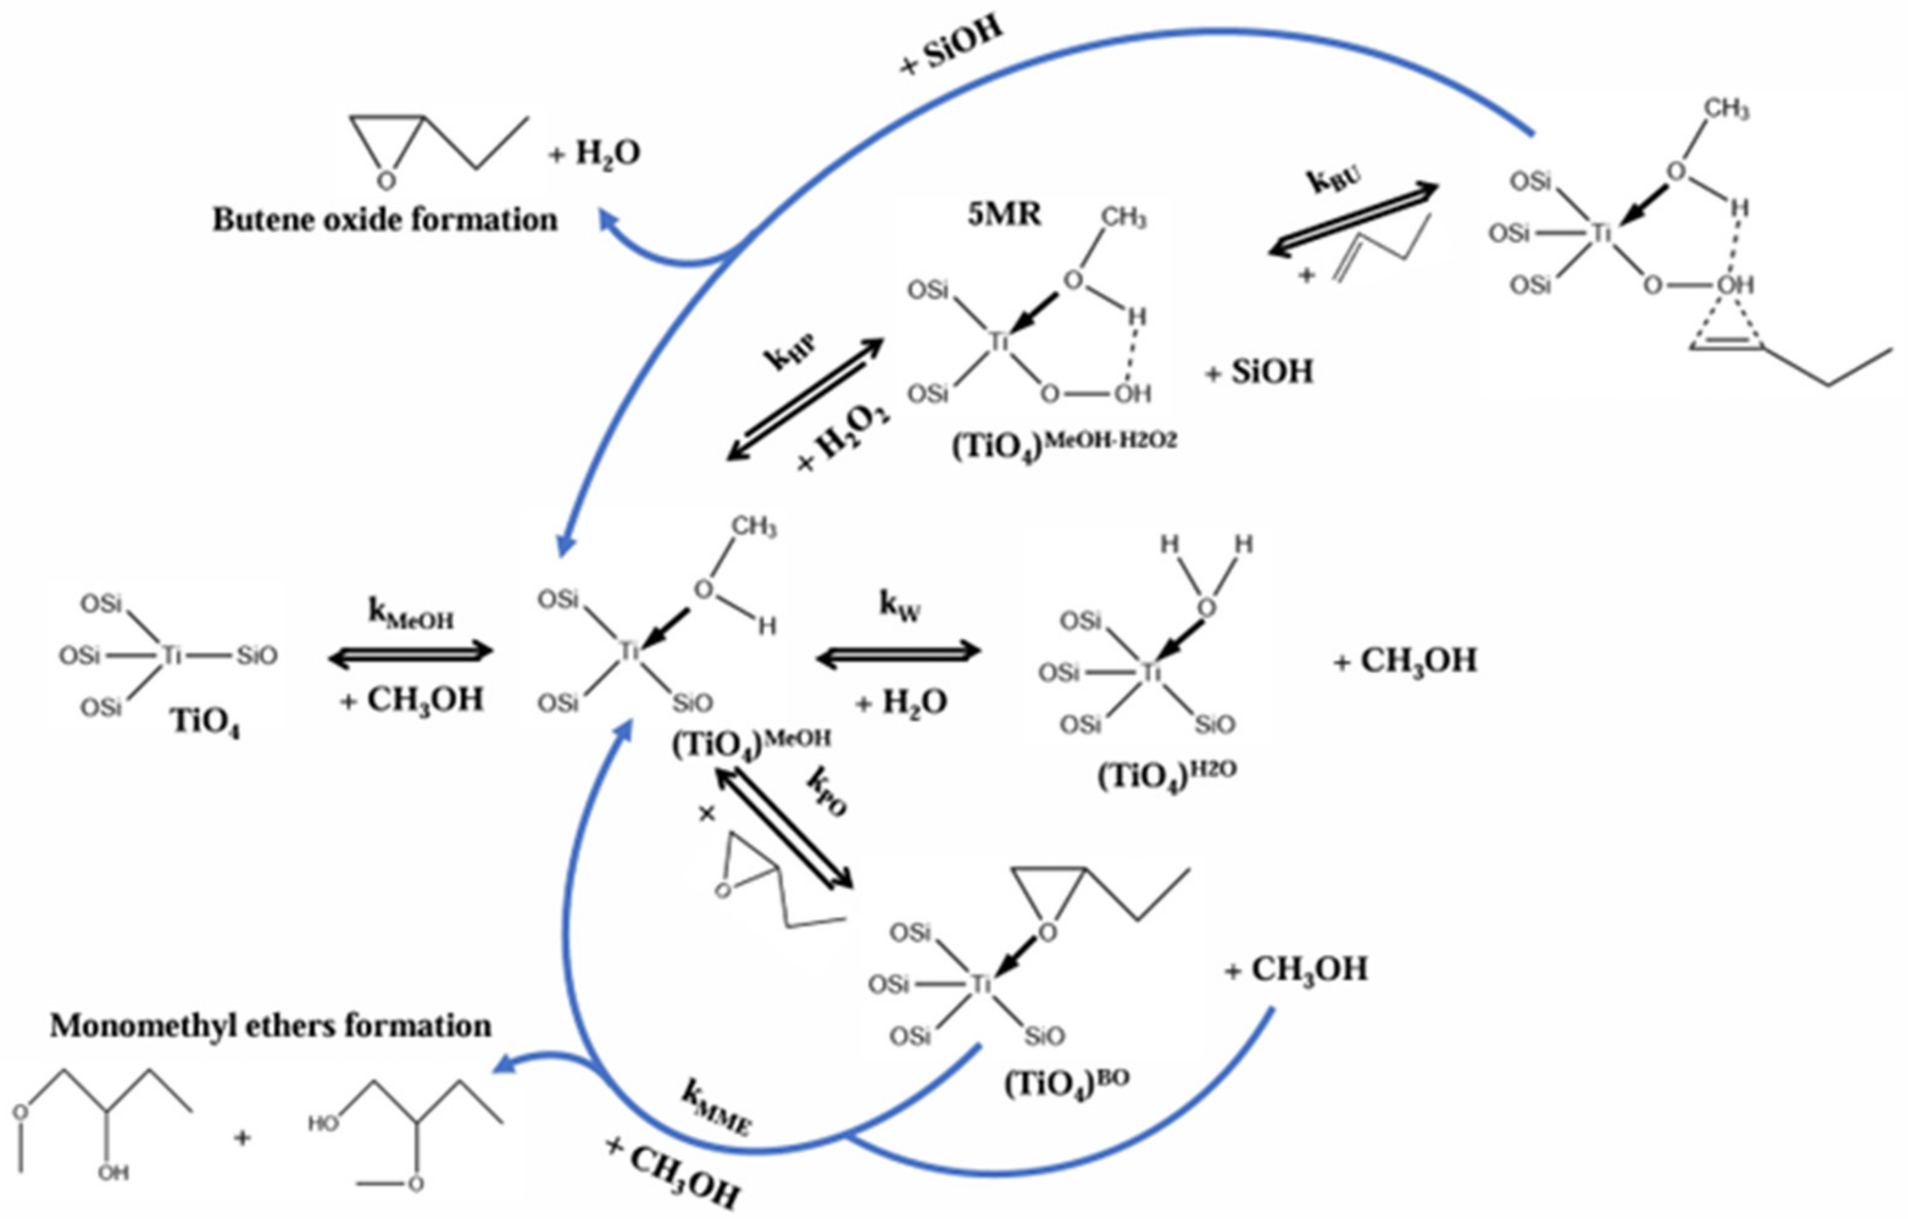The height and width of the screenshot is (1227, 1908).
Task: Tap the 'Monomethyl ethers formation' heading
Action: [x=271, y=1025]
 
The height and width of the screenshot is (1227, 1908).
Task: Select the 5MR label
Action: [x=1004, y=215]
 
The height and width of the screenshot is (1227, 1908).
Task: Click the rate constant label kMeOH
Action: [x=410, y=613]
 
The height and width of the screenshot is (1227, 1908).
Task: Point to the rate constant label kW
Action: [x=900, y=605]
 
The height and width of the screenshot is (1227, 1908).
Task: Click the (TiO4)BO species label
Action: [x=1067, y=1084]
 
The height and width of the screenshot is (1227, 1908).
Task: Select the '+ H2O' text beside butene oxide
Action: [x=595, y=154]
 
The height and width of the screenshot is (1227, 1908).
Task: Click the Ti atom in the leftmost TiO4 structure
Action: [x=171, y=655]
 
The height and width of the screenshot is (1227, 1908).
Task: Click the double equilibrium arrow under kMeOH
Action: [x=410, y=655]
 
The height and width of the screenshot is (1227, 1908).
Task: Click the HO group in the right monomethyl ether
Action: [x=324, y=1123]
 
